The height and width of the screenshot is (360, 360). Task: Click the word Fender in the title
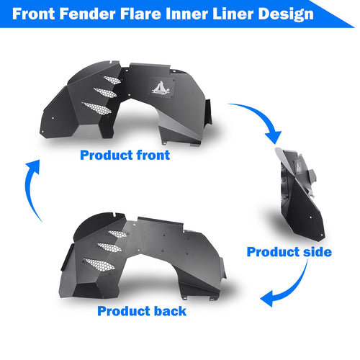coord(87,14)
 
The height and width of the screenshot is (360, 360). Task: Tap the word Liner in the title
coord(233,14)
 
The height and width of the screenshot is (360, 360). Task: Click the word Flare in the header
coord(140,14)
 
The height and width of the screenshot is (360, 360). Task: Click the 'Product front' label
coord(125,155)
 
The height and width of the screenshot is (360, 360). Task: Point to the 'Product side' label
coord(289,252)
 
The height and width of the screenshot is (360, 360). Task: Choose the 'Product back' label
coord(142,311)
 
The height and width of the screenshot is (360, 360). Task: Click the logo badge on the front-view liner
coord(161,88)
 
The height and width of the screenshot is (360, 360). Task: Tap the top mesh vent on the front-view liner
coord(112,80)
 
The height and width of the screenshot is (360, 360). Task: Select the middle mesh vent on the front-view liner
coord(105,93)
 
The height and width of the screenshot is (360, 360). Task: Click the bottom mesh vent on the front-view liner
coord(96,108)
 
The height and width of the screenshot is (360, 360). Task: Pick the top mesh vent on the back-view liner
coord(118,234)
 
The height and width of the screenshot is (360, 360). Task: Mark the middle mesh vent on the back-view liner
coord(109,247)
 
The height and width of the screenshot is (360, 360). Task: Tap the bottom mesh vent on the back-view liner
coord(99,265)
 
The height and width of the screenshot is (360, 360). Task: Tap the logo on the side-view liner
coord(298,166)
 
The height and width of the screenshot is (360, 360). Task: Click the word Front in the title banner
coord(34,14)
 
